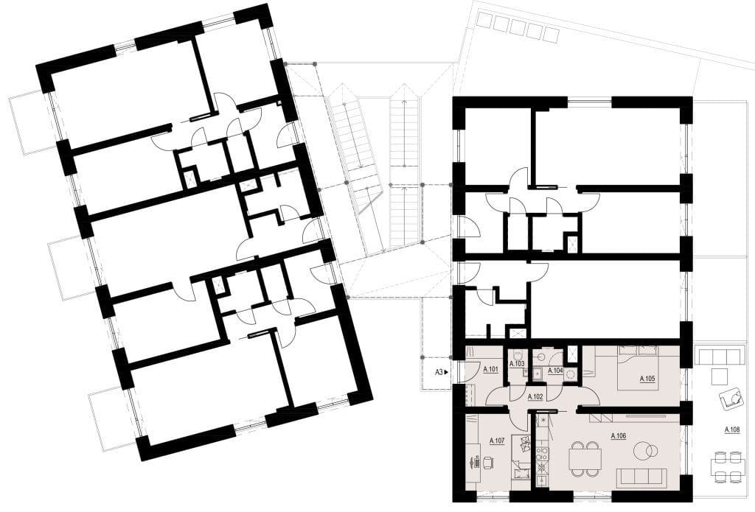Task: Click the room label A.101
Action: (490, 370)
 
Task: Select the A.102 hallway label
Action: (535, 397)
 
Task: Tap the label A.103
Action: (517, 364)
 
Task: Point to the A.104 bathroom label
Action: (555, 371)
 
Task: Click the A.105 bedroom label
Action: (647, 379)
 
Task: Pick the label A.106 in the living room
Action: (619, 436)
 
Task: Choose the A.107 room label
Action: (497, 441)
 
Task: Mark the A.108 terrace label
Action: (732, 429)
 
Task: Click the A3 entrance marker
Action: (442, 371)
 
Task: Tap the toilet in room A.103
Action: (516, 353)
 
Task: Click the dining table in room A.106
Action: (585, 458)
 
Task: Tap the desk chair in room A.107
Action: (488, 463)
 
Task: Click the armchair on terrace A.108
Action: (731, 399)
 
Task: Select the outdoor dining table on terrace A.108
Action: (727, 466)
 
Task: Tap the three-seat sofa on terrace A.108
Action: (719, 357)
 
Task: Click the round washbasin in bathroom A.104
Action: (571, 374)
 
